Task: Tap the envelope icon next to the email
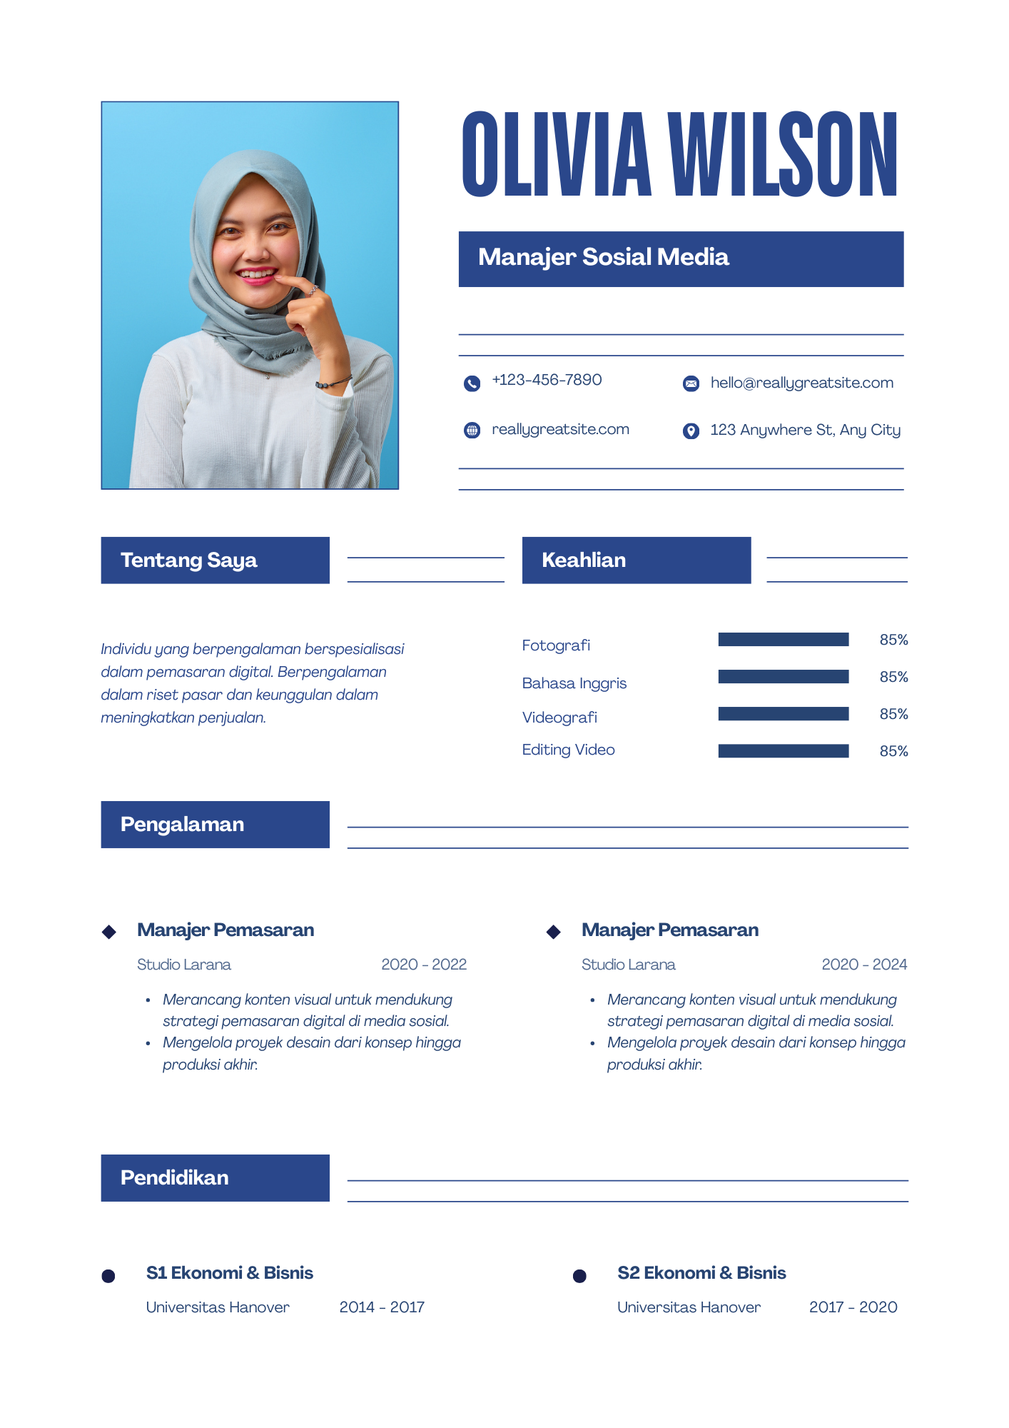point(691,384)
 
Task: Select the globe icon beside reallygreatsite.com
point(472,431)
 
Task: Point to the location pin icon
point(691,431)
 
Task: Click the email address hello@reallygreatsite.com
point(801,383)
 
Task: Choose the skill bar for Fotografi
point(783,640)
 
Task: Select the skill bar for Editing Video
point(783,751)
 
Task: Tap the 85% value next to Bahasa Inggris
point(893,677)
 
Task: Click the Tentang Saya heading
point(189,560)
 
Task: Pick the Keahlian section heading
point(584,560)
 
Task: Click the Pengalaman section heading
point(183,825)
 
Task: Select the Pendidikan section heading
point(175,1178)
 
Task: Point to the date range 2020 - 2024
point(864,965)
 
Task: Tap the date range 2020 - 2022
point(424,965)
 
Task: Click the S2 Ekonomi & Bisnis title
point(701,1273)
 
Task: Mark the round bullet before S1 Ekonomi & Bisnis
point(108,1276)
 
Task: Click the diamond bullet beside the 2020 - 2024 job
point(553,932)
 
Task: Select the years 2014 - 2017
point(382,1307)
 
